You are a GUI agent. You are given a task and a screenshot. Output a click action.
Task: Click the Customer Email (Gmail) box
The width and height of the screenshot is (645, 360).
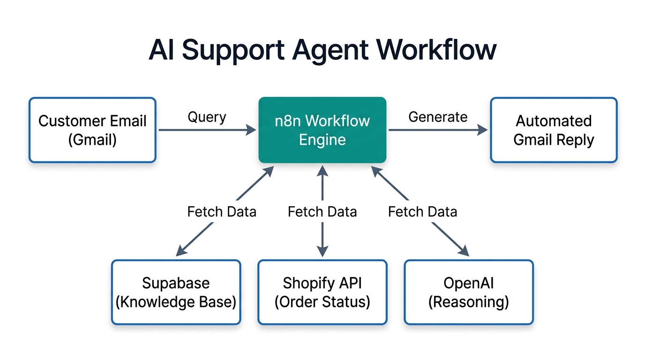[92, 130]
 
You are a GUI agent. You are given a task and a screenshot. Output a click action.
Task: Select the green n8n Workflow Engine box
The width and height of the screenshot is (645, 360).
[322, 130]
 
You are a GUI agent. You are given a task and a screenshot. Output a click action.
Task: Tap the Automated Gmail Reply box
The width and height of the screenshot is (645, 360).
[554, 130]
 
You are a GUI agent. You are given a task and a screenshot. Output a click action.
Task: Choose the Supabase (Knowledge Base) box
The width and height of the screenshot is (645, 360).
[176, 292]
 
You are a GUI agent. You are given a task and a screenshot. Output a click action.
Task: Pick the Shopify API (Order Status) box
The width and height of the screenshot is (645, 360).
[322, 292]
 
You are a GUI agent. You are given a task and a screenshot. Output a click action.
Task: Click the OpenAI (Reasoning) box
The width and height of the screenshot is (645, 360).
[469, 292]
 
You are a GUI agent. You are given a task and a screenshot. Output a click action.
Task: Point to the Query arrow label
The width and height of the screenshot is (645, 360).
[207, 117]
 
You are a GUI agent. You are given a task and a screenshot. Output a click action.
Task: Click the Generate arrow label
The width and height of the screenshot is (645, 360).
[438, 117]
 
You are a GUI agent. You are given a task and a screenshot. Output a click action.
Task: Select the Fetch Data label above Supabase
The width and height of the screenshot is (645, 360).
[222, 212]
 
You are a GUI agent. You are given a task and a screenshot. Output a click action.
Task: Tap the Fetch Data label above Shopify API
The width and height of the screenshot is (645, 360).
[322, 212]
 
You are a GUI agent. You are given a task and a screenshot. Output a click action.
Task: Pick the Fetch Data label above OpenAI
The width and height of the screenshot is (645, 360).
[422, 212]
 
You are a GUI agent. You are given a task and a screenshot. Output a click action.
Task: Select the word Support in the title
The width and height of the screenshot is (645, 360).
[232, 51]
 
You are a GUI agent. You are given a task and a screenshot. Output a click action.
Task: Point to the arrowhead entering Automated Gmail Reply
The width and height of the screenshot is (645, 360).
[483, 130]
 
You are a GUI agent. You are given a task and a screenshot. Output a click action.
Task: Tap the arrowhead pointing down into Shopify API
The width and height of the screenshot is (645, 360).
[322, 252]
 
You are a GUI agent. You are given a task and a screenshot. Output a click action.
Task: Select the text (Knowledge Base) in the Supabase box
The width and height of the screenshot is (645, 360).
[176, 302]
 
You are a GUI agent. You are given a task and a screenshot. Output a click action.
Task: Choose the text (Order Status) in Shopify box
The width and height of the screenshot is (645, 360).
[322, 302]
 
